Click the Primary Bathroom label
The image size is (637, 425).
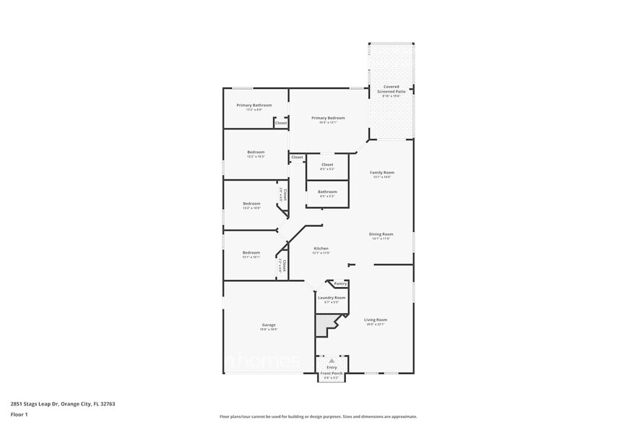coord(254,106)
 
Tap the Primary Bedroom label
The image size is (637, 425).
coord(328,118)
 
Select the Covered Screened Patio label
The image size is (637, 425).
coord(391,89)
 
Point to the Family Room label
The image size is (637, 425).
coord(381,173)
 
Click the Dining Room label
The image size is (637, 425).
coord(381,234)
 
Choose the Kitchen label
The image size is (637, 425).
coord(321,249)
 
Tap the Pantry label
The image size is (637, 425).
coord(340,284)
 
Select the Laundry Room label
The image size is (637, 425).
coord(331,298)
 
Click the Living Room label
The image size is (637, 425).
coord(376,319)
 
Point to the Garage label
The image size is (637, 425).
coord(268,325)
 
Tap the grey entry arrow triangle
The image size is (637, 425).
coord(331,360)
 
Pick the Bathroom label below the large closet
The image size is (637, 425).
coord(327,192)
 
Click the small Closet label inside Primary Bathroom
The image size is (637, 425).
coord(281,123)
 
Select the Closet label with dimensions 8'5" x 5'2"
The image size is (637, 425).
coord(327,165)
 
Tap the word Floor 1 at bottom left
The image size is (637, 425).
coord(19,414)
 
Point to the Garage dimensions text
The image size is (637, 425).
coord(268,330)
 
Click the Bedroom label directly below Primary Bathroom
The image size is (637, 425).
coord(256,152)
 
